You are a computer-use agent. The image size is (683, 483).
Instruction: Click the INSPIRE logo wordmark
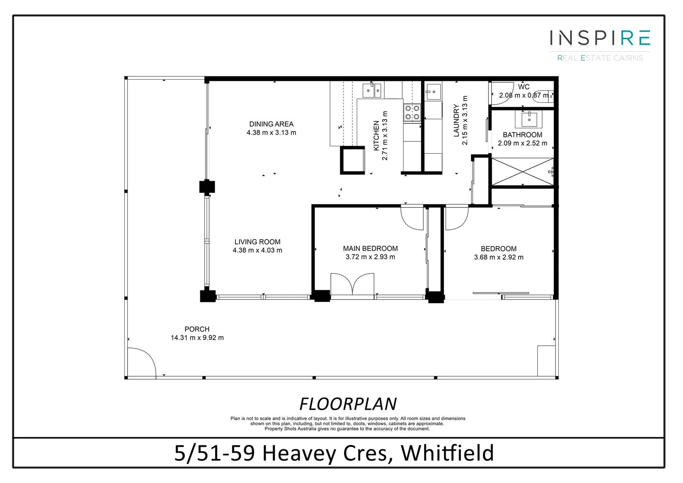[x=599, y=38]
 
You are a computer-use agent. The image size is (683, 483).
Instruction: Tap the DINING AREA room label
[x=271, y=124]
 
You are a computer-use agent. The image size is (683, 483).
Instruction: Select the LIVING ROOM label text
[x=257, y=242]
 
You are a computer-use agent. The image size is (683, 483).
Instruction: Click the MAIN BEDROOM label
[x=370, y=249]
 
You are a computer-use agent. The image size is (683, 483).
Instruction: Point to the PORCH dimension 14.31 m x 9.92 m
[x=197, y=338]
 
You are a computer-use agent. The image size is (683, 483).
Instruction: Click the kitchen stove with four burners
[x=412, y=112]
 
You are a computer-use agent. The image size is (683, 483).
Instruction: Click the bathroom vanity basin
[x=529, y=119]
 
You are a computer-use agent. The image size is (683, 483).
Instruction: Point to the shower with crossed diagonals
[x=522, y=171]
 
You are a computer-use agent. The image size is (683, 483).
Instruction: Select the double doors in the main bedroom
[x=352, y=285]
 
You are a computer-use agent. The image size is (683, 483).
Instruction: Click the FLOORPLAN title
[x=348, y=404]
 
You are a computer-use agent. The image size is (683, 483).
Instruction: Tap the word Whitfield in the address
[x=447, y=453]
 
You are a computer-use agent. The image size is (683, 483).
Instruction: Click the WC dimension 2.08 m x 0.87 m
[x=523, y=95]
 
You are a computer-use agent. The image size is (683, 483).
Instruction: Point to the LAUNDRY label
[x=456, y=120]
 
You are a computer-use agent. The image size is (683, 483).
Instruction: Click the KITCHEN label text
[x=376, y=136]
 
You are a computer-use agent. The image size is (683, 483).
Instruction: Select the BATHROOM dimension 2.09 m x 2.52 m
[x=523, y=143]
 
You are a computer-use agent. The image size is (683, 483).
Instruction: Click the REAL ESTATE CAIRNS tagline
[x=599, y=58]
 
